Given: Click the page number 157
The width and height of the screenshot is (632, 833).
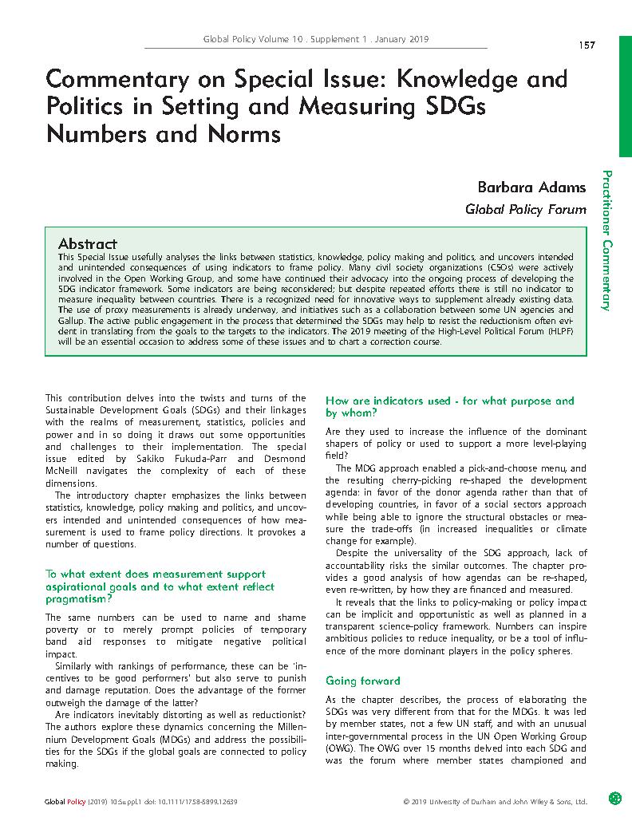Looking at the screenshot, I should (x=587, y=45).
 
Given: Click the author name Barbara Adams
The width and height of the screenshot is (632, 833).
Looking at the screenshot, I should (x=531, y=188).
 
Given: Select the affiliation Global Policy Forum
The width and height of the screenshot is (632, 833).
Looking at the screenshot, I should (x=526, y=210).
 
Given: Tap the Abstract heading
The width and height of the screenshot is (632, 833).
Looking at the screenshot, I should (x=88, y=243).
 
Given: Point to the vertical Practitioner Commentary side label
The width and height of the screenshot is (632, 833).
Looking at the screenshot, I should (x=607, y=239).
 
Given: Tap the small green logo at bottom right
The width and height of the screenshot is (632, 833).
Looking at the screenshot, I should (x=614, y=797).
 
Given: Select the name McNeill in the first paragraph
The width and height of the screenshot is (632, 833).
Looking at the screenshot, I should (x=66, y=471).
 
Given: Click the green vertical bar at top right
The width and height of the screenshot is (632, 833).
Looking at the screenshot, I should (x=626, y=79).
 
